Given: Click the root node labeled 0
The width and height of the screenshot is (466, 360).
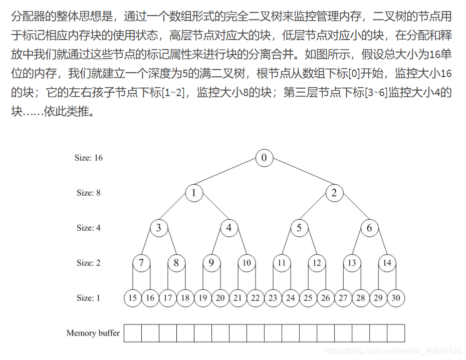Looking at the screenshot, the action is [264, 158].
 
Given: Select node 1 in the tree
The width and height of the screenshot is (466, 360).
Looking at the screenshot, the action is [194, 193].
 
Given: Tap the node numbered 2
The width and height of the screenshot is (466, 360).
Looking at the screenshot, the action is [334, 193].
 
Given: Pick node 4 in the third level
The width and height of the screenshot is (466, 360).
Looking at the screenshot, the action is [229, 228].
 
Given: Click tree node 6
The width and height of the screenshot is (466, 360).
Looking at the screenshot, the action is [369, 228].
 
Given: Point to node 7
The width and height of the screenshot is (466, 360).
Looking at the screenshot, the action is [141, 263].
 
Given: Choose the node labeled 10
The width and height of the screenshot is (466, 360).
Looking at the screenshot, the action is [247, 263].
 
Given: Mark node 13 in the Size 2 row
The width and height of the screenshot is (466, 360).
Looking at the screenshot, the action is [352, 263].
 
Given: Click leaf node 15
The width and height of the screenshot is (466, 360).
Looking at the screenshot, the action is [133, 298].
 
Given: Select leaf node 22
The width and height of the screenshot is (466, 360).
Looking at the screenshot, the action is [256, 298].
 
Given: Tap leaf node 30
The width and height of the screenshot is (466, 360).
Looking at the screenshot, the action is [396, 298].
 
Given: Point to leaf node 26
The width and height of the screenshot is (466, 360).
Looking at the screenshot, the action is [326, 298].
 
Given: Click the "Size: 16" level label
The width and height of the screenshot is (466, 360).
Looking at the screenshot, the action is [89, 158].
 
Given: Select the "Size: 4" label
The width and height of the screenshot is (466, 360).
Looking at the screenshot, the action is [89, 228].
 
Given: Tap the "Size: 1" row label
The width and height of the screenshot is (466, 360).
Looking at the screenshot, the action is [89, 298].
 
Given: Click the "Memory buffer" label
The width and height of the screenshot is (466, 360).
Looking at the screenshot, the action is [93, 333].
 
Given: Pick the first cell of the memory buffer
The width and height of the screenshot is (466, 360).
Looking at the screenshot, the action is [133, 333].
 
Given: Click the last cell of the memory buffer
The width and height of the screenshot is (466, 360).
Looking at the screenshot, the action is [396, 333].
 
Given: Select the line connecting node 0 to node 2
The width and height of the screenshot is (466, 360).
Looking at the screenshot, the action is [299, 176].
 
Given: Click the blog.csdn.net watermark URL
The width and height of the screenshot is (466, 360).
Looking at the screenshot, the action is [393, 350].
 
